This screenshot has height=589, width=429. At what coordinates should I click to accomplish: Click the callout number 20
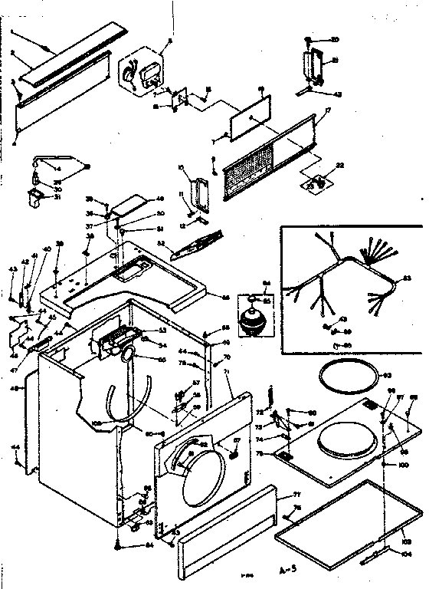[x=335, y=39]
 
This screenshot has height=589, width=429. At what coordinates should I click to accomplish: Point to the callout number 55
[x=162, y=359]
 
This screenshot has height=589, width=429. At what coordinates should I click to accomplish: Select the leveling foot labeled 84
[x=116, y=545]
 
